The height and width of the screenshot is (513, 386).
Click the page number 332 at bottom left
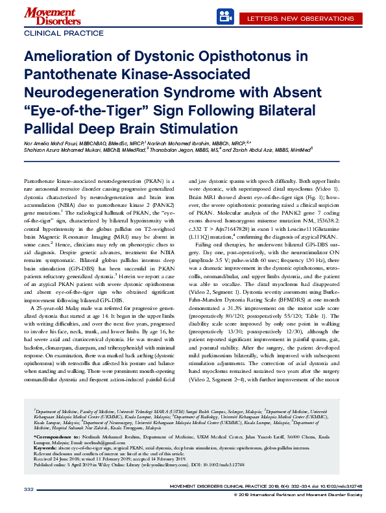pyautogui.click(x=29, y=488)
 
